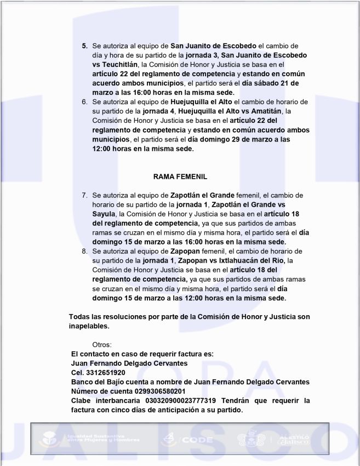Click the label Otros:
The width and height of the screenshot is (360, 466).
102,345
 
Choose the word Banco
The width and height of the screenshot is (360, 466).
83,382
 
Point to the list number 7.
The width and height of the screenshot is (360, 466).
84,195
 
